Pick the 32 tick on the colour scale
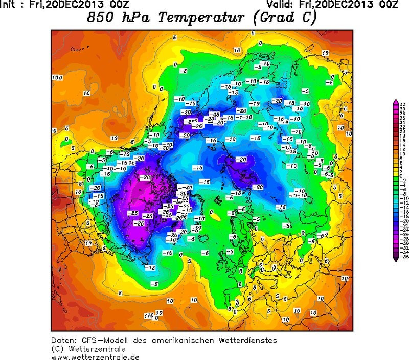(403, 105)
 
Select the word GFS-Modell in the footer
(107, 341)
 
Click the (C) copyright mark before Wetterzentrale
(57, 349)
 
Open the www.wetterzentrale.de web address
(95, 357)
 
